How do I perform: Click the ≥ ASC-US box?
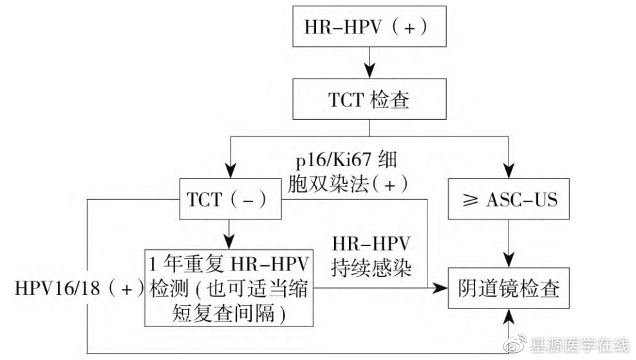pyautogui.click(x=509, y=201)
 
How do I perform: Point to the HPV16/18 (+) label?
pyautogui.click(x=79, y=287)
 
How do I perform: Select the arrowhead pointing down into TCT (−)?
pyautogui.click(x=230, y=172)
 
